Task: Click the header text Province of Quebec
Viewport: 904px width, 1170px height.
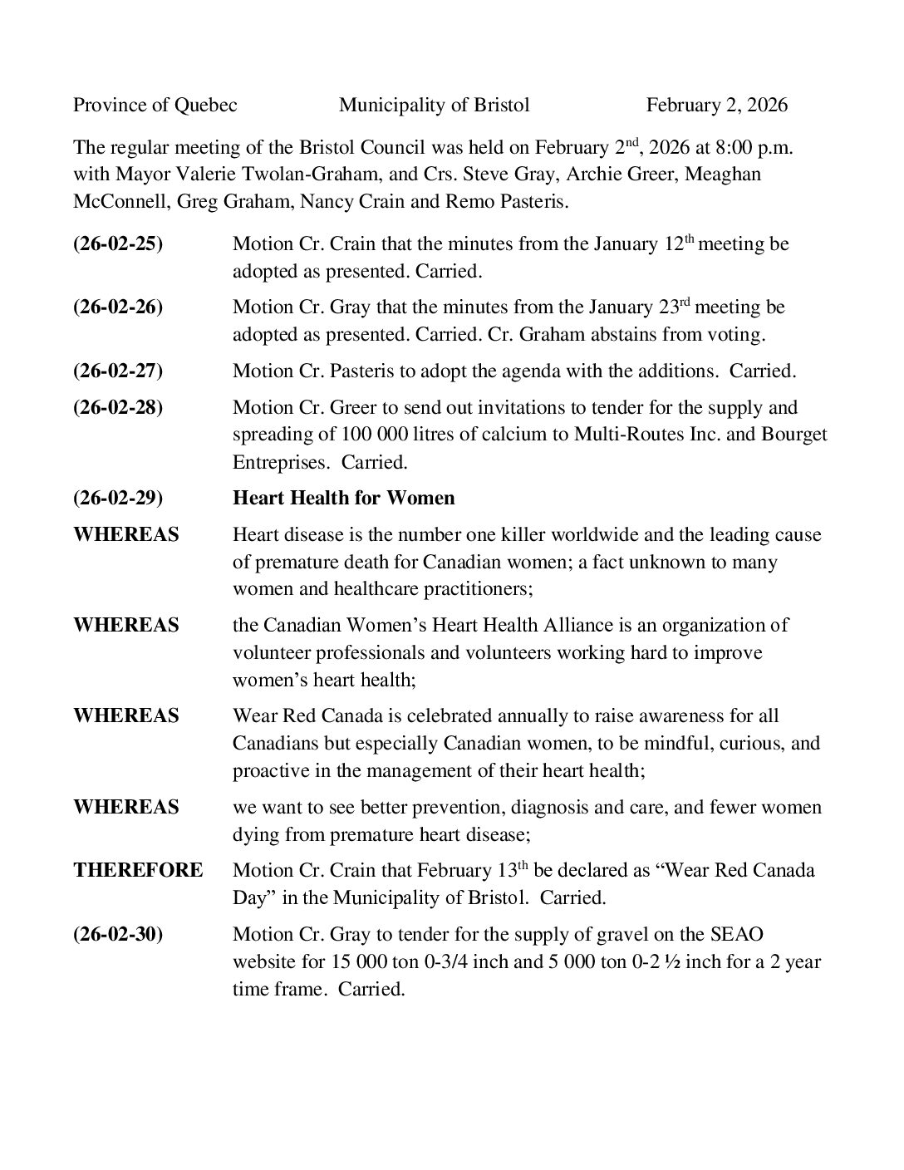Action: pyautogui.click(x=155, y=105)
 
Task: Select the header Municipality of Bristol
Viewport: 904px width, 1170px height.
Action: pyautogui.click(x=434, y=105)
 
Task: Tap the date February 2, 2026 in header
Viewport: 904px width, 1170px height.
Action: pyautogui.click(x=716, y=105)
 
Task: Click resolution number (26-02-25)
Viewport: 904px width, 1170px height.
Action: pyautogui.click(x=118, y=244)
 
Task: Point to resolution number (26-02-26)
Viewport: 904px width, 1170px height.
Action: pyautogui.click(x=118, y=307)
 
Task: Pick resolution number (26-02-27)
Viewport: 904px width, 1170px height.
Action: pyautogui.click(x=118, y=371)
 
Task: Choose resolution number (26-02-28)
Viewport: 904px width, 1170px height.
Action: pyautogui.click(x=118, y=408)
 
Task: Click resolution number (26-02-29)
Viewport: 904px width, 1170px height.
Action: pyautogui.click(x=118, y=499)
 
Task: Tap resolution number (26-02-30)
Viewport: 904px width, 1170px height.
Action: pyautogui.click(x=118, y=935)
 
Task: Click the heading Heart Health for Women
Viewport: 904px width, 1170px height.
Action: pyautogui.click(x=343, y=499)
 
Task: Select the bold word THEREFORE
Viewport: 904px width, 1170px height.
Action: pyautogui.click(x=138, y=871)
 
